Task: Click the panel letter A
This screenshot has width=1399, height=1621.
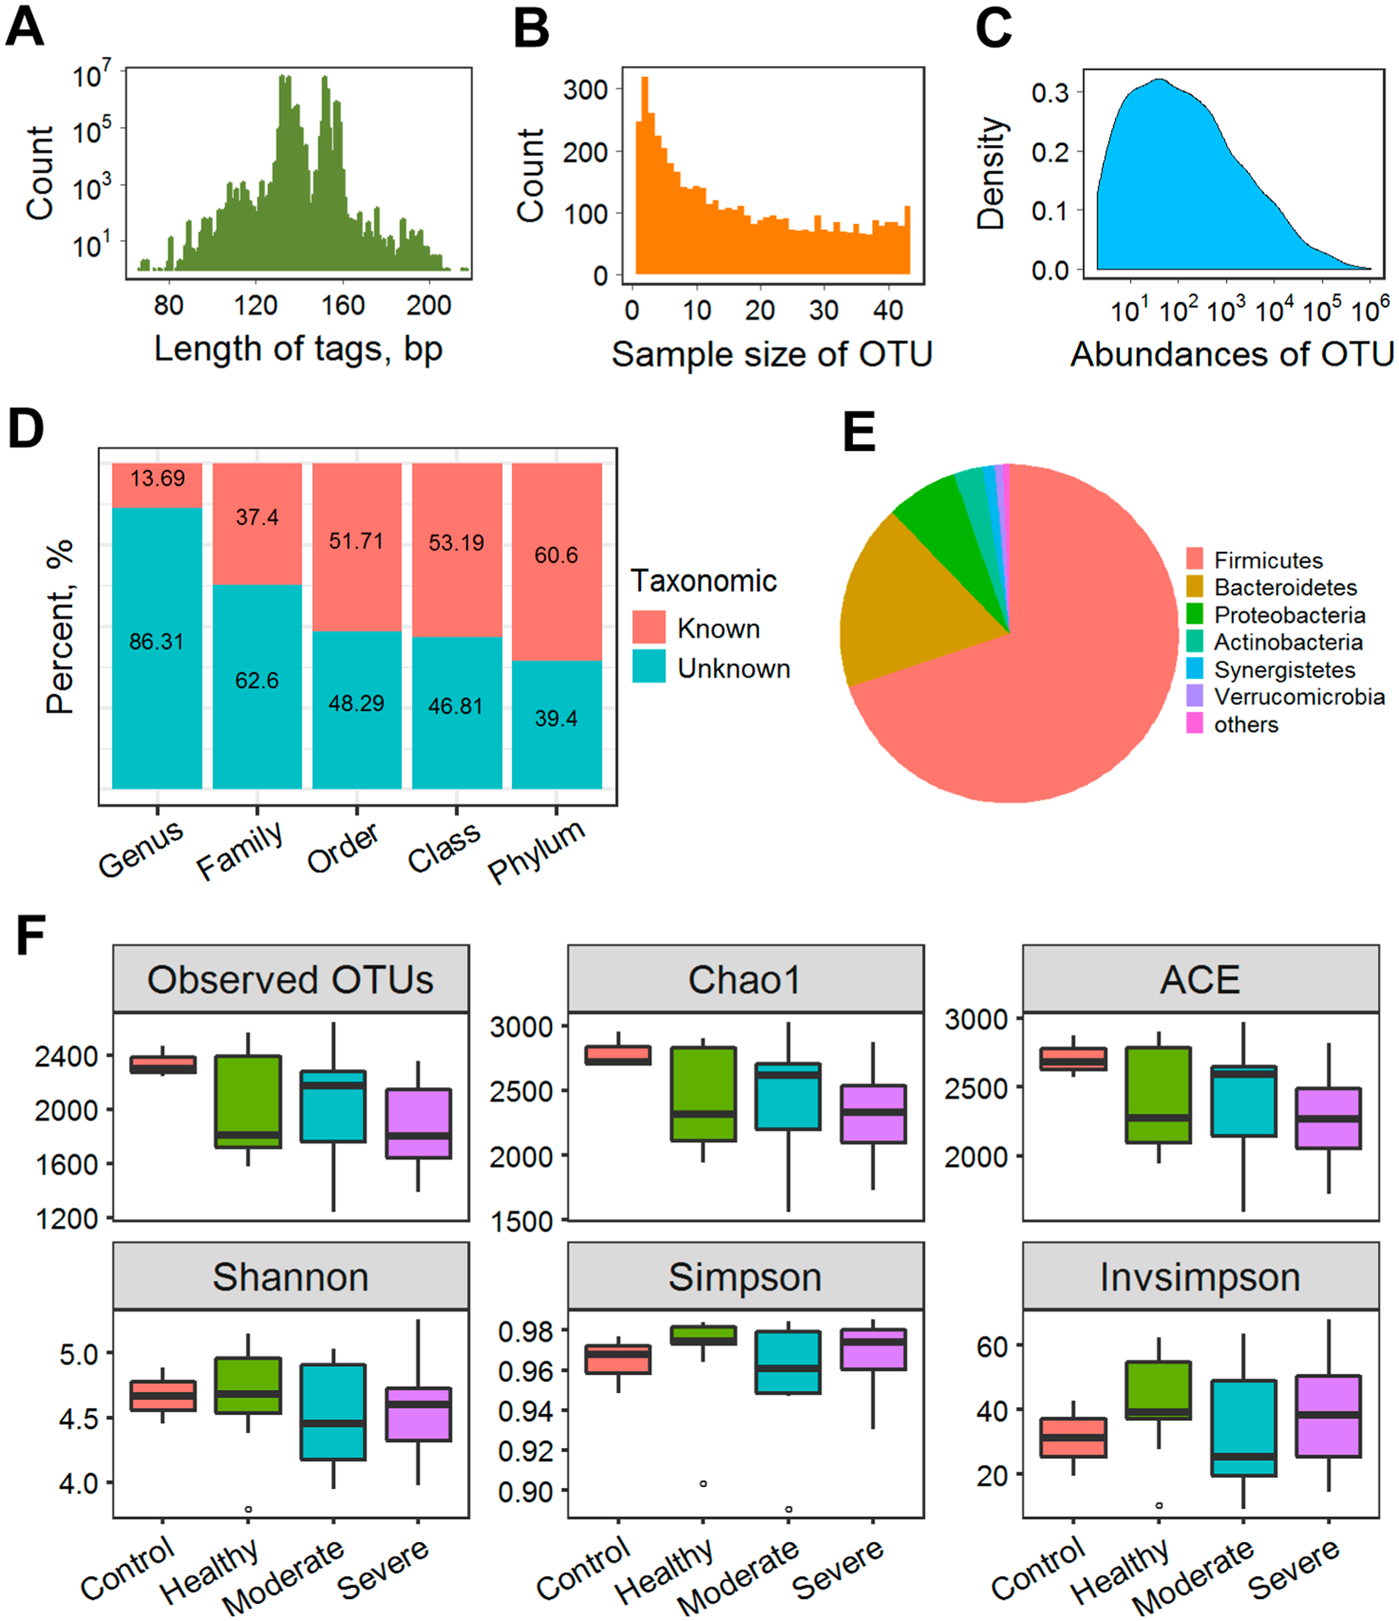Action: pos(25,27)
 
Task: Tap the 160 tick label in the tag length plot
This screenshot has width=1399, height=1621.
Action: pos(343,305)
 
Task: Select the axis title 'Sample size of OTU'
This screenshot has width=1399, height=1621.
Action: pos(772,354)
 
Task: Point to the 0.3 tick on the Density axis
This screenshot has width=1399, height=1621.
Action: pos(1050,92)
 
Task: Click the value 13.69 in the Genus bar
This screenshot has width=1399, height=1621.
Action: pos(157,479)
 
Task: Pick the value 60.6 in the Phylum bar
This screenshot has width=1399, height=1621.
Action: pos(556,555)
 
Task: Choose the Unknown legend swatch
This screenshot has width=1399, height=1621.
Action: pos(649,667)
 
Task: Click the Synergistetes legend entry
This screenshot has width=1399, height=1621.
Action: pos(1284,670)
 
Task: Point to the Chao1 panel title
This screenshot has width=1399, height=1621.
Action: pos(744,980)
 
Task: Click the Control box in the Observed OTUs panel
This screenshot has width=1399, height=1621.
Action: pos(163,1065)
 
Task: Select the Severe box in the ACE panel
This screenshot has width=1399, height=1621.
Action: pos(1329,1117)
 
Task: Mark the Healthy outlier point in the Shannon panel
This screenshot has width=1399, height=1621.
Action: pos(248,1509)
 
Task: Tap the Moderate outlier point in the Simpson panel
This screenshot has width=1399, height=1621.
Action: pos(789,1509)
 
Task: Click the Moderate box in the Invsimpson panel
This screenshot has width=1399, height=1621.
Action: pos(1244,1429)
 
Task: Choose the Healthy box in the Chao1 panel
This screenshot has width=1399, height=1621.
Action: pos(703,1094)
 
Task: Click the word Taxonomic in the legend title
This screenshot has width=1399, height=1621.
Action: pos(703,581)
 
